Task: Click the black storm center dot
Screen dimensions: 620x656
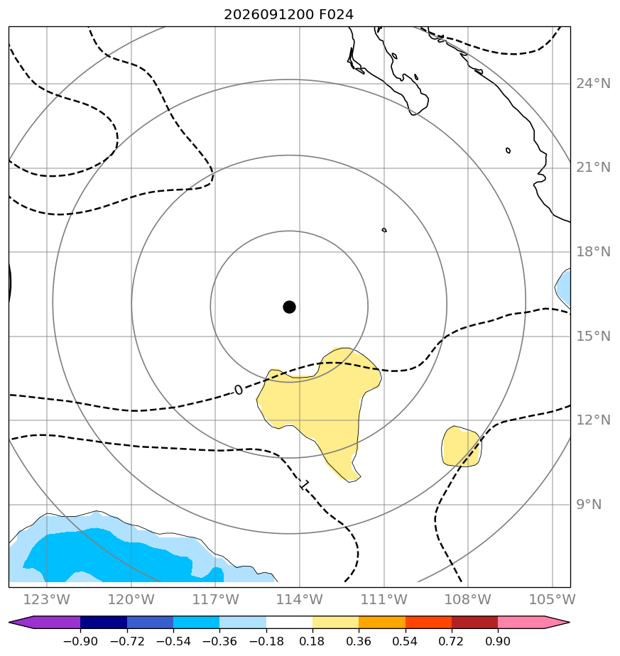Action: point(289,307)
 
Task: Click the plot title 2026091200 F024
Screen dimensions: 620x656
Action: point(288,15)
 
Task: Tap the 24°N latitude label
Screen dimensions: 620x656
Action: point(593,84)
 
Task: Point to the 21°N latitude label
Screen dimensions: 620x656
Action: point(593,168)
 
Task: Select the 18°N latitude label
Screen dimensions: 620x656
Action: point(593,252)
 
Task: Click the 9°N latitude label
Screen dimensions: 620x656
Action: point(589,505)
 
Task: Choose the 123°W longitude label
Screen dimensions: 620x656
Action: point(46,599)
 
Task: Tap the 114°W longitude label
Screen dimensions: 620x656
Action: point(299,599)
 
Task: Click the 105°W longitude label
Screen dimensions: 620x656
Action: point(553,599)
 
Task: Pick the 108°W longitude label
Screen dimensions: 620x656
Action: point(467,599)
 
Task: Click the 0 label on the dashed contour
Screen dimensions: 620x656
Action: point(238,390)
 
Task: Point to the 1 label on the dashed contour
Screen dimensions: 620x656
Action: point(305,485)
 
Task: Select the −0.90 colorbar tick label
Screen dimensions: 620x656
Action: point(80,641)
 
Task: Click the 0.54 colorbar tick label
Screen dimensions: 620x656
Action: point(406,641)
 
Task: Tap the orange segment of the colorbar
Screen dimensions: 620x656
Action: point(382,622)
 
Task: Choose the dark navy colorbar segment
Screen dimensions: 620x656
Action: point(104,622)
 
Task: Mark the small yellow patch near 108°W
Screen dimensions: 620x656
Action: point(462,447)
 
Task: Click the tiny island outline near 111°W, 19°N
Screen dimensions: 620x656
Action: point(384,230)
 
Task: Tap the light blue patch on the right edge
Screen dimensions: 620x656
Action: point(564,288)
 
